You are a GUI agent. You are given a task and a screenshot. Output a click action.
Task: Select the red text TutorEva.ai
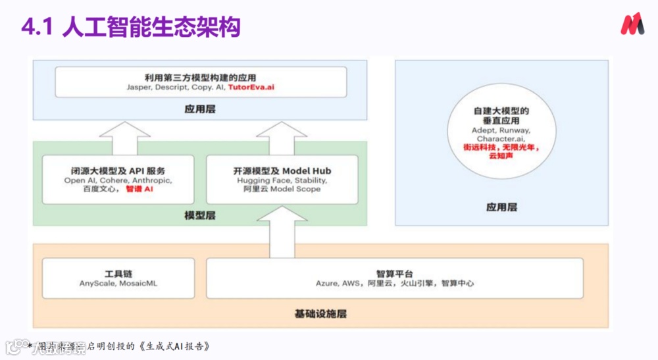pos(251,87)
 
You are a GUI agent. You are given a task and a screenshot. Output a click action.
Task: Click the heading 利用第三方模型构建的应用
pos(201,76)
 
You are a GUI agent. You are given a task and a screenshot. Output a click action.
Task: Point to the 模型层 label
pos(200,215)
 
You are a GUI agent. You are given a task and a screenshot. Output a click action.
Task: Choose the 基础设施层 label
pos(320,313)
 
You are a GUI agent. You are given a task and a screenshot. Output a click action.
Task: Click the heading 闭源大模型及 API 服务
pos(118,170)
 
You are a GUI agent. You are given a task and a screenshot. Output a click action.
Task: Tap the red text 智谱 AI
pos(139,189)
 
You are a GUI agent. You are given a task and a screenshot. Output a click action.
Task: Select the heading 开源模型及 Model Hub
pos(282,170)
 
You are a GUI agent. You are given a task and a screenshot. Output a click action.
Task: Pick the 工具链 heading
pos(118,272)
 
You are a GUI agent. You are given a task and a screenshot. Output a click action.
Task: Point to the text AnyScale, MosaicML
pos(118,284)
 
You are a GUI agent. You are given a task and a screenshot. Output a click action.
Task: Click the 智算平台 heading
pos(395,272)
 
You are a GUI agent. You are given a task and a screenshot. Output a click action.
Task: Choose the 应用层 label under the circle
pos(501,207)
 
